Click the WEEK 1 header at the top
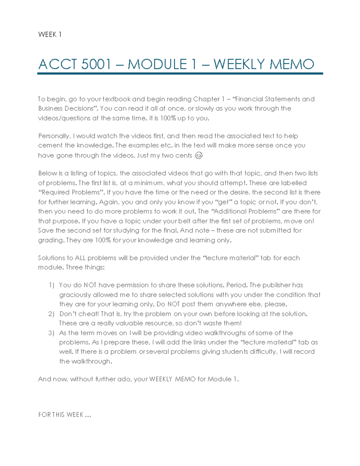pyautogui.click(x=50, y=35)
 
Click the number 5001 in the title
pyautogui.click(x=96, y=65)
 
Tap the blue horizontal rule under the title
pyautogui.click(x=180, y=74)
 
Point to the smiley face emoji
pyautogui.click(x=199, y=155)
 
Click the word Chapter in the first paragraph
pyautogui.click(x=206, y=99)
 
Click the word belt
pyautogui.click(x=184, y=221)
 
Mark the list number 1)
pyautogui.click(x=51, y=285)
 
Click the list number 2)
pyautogui.click(x=51, y=314)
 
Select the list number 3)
pyautogui.click(x=51, y=333)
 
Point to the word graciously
pyautogui.click(x=75, y=295)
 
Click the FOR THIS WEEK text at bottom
pyautogui.click(x=64, y=415)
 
